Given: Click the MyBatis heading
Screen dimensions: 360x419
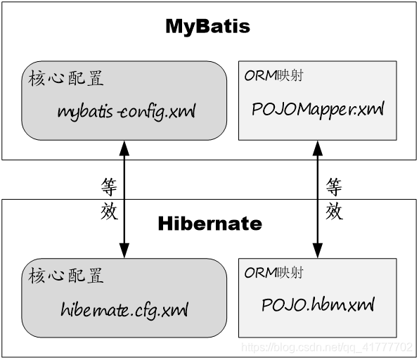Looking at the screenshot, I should (207, 27).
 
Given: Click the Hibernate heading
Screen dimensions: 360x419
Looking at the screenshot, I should (209, 224).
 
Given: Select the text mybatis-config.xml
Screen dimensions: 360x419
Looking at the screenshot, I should (127, 111).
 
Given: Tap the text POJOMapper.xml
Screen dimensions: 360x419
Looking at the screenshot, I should (318, 110).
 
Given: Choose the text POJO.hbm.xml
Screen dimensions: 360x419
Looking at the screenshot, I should (318, 305).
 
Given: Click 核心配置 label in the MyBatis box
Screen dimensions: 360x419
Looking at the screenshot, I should (66, 78).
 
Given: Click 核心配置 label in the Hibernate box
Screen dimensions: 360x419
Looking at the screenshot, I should (66, 275).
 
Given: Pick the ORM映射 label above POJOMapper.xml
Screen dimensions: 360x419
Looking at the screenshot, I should (273, 76).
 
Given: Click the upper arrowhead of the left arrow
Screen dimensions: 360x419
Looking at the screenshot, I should (124, 146).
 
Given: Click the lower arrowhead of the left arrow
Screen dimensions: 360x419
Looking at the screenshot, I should (124, 250).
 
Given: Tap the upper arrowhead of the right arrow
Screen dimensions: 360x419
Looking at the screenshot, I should (317, 146).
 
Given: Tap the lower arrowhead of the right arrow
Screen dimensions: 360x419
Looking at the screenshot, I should (317, 250).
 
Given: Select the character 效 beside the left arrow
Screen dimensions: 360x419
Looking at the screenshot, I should (109, 210).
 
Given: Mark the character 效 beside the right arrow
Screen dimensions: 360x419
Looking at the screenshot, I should (334, 210).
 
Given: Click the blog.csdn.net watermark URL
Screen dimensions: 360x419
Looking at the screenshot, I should (327, 347).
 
